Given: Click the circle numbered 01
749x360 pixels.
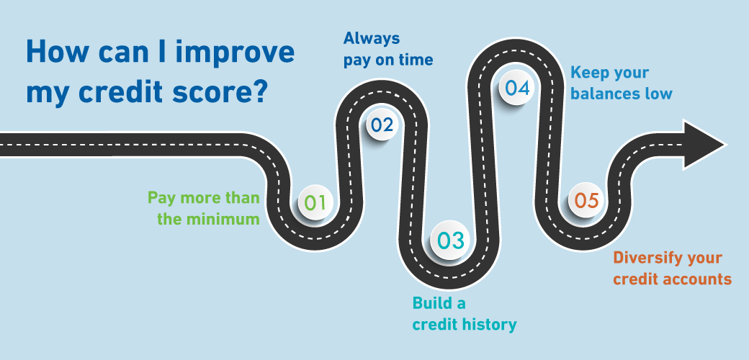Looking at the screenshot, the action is pos(315,202).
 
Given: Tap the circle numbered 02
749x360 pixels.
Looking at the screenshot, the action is pos(382,125).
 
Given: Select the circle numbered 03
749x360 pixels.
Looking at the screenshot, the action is pos(451,241).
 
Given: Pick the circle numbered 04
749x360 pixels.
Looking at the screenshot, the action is pos(517,88).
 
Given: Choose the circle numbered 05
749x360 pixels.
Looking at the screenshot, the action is pos(586,201).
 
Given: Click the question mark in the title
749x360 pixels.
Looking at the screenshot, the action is pos(259,93).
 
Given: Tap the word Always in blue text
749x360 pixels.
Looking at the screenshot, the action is pos(372,39).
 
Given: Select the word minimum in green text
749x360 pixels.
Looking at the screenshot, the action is pos(223,219).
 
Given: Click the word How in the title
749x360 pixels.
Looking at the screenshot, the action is pos(53,52).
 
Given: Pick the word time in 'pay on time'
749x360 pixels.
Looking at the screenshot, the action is pos(415,60).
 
